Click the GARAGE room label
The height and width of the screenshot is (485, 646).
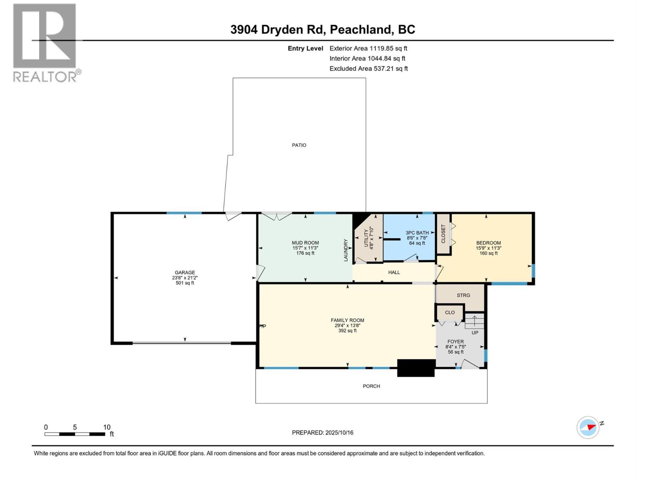click(x=185, y=272)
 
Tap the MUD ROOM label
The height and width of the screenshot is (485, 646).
click(x=305, y=243)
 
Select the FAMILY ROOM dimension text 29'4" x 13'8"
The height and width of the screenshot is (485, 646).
click(x=347, y=325)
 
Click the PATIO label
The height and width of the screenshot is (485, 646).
click(x=299, y=145)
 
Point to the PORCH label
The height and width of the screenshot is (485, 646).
click(x=371, y=386)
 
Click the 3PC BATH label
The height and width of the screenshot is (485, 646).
click(x=417, y=233)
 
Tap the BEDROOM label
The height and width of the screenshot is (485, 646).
click(x=488, y=243)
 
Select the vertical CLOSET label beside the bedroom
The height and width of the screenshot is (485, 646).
click(x=443, y=234)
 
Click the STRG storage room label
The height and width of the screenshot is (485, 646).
click(x=463, y=295)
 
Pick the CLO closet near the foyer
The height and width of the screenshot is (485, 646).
click(x=450, y=312)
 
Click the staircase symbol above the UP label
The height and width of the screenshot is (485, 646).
click(x=475, y=321)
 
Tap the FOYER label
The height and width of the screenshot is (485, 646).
click(x=455, y=342)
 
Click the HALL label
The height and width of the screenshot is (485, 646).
click(x=394, y=272)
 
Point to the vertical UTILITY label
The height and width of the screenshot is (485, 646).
click(x=366, y=238)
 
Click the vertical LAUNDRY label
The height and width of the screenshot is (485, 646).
click(x=346, y=250)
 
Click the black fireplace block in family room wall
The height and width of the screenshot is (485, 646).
click(x=416, y=368)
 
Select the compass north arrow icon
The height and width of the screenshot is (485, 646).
click(x=588, y=427)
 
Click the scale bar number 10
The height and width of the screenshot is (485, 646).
click(x=107, y=427)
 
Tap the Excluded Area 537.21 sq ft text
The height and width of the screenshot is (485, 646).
click(x=368, y=69)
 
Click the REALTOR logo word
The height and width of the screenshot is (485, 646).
click(x=45, y=77)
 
